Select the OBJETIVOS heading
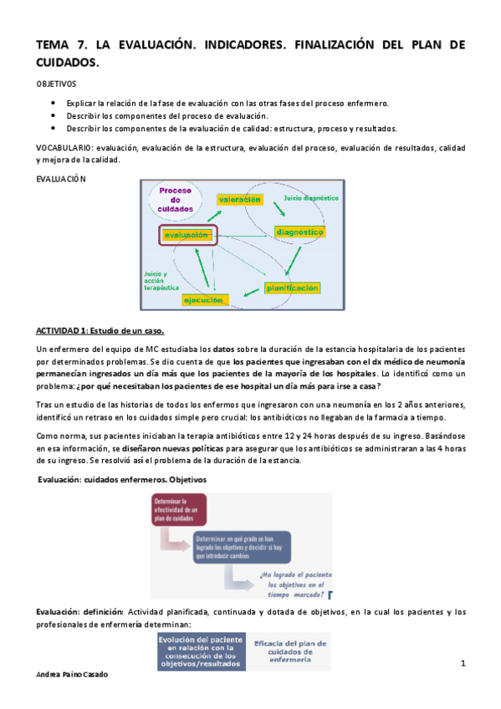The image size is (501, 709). click(x=55, y=84)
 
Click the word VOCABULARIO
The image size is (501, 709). click(x=64, y=147)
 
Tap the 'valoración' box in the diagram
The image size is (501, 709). click(x=239, y=199)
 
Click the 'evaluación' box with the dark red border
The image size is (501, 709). click(x=187, y=236)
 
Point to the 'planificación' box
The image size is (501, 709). click(x=292, y=288)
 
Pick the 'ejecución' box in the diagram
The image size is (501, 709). click(x=202, y=298)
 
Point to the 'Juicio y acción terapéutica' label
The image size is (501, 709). click(x=155, y=280)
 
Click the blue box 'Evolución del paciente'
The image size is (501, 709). click(x=198, y=651)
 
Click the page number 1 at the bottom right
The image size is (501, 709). click(x=462, y=663)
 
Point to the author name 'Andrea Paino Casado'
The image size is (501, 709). click(x=74, y=674)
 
